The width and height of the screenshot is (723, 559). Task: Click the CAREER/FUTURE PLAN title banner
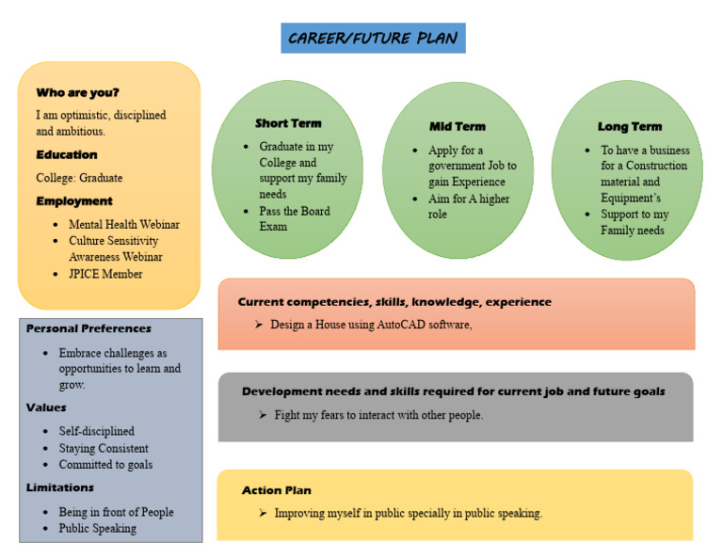pyautogui.click(x=373, y=39)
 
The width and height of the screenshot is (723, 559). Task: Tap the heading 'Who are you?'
pyautogui.click(x=77, y=92)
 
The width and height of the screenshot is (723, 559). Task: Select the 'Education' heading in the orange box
pyautogui.click(x=67, y=154)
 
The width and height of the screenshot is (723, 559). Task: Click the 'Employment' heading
pyautogui.click(x=74, y=200)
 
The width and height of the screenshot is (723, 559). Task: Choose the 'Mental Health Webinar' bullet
pyautogui.click(x=124, y=225)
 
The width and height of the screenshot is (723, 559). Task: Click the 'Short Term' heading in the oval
pyautogui.click(x=288, y=123)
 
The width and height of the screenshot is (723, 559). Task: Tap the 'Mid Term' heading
pyautogui.click(x=458, y=126)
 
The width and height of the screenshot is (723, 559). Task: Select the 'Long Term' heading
pyautogui.click(x=630, y=126)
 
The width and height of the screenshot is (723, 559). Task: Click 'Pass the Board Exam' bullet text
pyautogui.click(x=295, y=218)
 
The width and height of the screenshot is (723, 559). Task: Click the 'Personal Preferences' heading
pyautogui.click(x=88, y=328)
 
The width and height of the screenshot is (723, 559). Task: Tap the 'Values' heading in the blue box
pyautogui.click(x=45, y=407)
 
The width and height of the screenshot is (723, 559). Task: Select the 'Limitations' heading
pyautogui.click(x=60, y=487)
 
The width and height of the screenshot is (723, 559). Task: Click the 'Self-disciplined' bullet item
pyautogui.click(x=97, y=431)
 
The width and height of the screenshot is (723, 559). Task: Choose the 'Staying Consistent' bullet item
pyautogui.click(x=104, y=448)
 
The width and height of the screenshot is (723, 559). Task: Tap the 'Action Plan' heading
pyautogui.click(x=276, y=490)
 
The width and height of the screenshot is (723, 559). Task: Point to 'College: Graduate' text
pyautogui.click(x=79, y=178)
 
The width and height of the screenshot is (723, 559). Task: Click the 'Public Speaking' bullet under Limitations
pyautogui.click(x=97, y=528)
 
